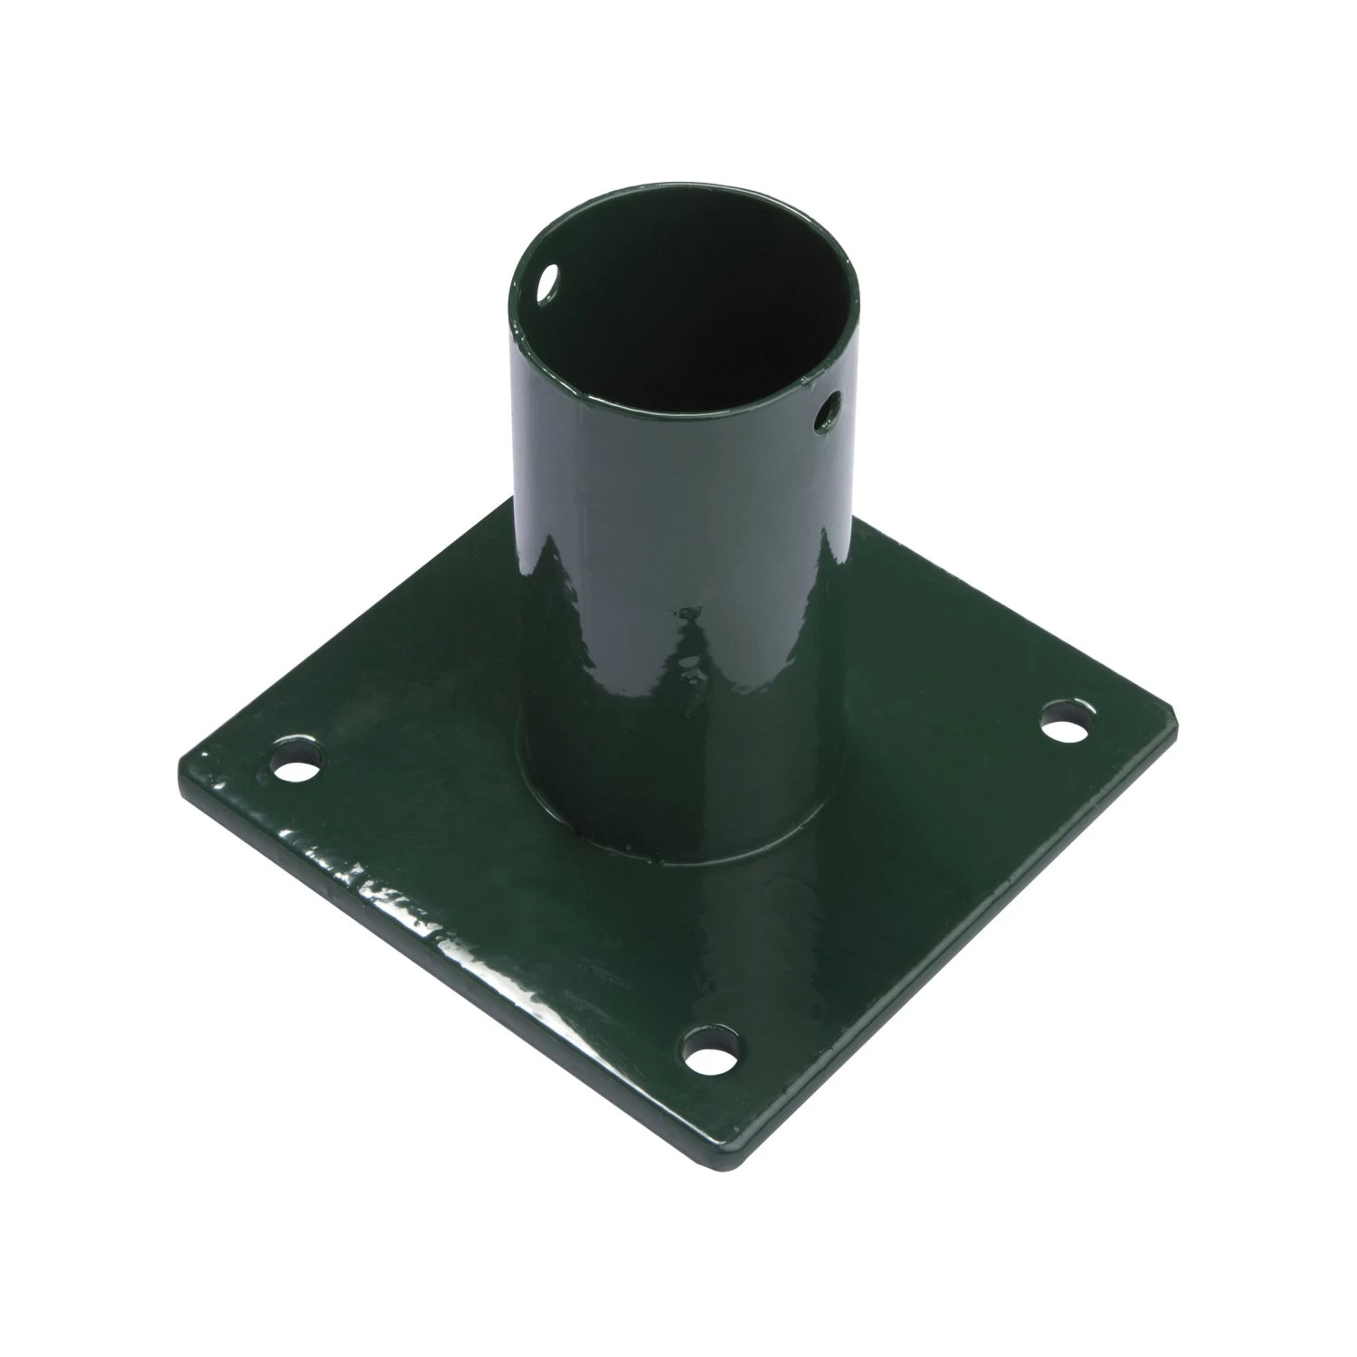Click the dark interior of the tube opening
pos(688,299)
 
